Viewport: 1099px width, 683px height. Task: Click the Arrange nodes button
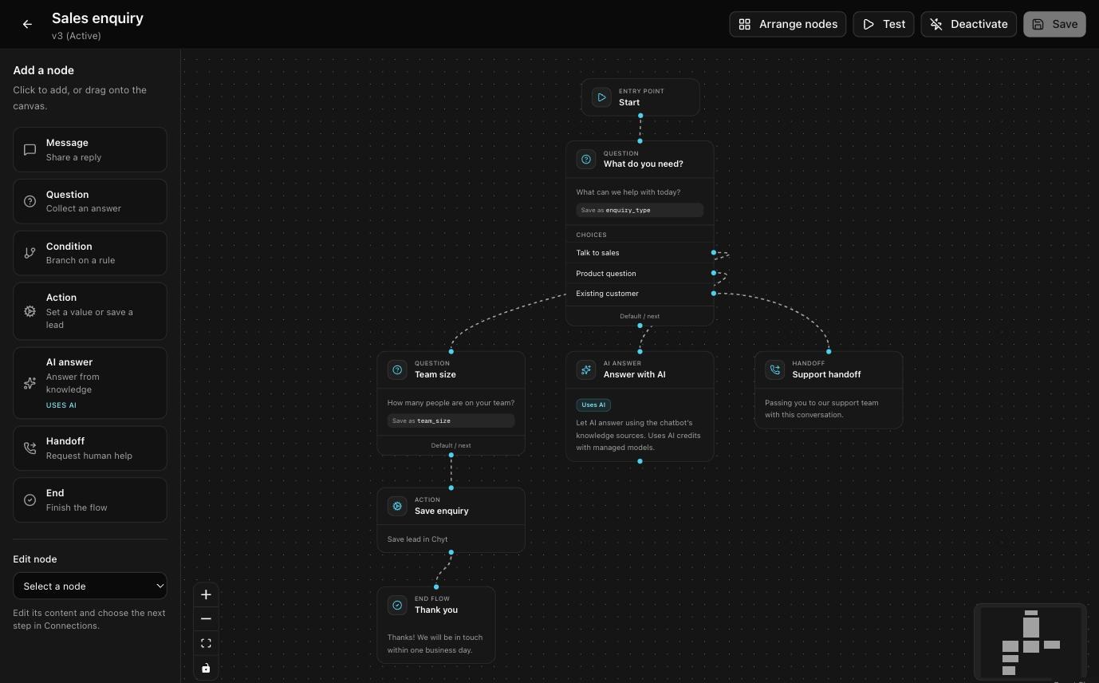[x=787, y=24]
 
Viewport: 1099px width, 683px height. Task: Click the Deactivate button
[x=968, y=24]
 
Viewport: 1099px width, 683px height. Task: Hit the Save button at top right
[x=1054, y=24]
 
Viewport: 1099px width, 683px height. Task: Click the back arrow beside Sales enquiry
[x=27, y=24]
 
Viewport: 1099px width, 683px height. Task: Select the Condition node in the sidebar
[x=90, y=253]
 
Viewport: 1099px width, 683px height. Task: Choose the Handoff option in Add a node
[x=90, y=448]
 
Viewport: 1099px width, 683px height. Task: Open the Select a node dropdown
[x=90, y=586]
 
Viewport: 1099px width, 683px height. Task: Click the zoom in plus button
[x=206, y=594]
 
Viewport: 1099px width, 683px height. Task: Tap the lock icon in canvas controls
[x=206, y=668]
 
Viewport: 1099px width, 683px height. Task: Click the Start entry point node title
[x=629, y=102]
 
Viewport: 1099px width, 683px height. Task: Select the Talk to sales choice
[x=597, y=252]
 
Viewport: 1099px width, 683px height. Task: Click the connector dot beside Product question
[x=713, y=273]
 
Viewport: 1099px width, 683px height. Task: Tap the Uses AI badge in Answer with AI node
[x=593, y=405]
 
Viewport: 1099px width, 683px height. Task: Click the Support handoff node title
[x=826, y=374]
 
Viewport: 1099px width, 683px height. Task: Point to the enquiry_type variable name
[x=628, y=210]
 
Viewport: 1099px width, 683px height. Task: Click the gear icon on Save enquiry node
[x=397, y=506]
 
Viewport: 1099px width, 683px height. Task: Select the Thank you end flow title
[x=436, y=610]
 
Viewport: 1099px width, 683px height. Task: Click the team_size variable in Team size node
[x=434, y=420]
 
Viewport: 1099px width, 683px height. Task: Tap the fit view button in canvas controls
[x=206, y=643]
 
